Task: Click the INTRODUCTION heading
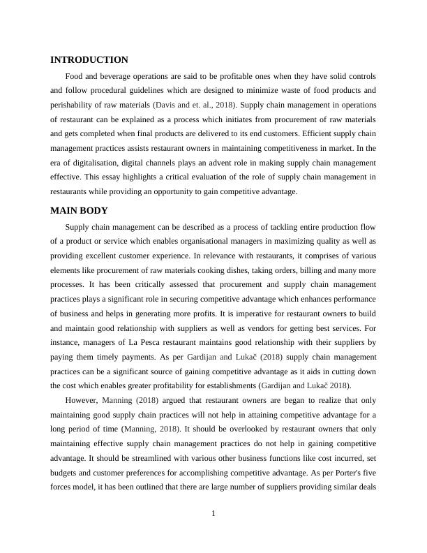tap(89, 60)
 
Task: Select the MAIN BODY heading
tap(79, 211)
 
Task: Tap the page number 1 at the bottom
tap(213, 515)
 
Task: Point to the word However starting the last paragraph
tap(82, 401)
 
